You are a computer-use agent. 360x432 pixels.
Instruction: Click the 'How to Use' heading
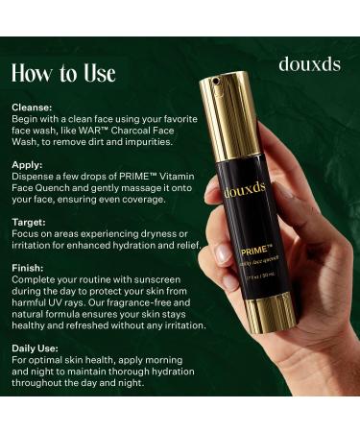(x=63, y=73)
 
